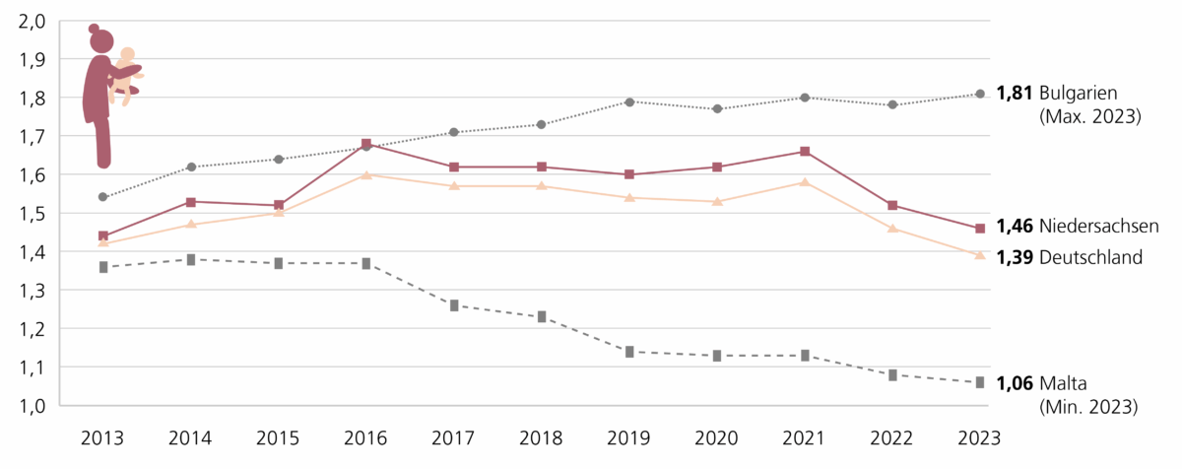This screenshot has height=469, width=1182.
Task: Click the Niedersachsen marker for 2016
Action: pos(366,144)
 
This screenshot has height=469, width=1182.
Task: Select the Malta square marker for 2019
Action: pos(629,352)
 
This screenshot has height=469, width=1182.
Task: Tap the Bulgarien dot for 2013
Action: pos(103,197)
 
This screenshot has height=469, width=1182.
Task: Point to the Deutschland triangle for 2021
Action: pos(805,182)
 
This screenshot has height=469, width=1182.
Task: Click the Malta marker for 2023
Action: pos(980,382)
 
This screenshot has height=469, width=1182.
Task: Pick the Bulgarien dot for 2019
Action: pos(629,101)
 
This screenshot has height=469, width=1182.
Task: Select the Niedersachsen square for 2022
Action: pos(892,205)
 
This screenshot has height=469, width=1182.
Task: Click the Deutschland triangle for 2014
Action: pos(191,225)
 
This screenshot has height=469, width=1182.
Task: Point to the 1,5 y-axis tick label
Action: pos(33,214)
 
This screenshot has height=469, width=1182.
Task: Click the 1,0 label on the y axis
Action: pos(33,406)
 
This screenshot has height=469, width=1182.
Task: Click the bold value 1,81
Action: pos(1015,95)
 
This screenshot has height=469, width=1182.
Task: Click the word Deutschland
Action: pos(1090,257)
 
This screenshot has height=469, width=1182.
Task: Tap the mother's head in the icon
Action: pos(100,40)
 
